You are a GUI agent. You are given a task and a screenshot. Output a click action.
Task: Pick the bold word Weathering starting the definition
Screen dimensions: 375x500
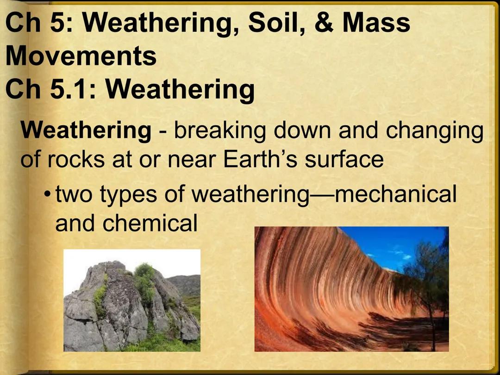point(86,131)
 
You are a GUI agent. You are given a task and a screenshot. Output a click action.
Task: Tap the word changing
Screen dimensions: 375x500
point(434,131)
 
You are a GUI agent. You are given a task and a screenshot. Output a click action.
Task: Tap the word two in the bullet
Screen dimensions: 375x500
point(74,194)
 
